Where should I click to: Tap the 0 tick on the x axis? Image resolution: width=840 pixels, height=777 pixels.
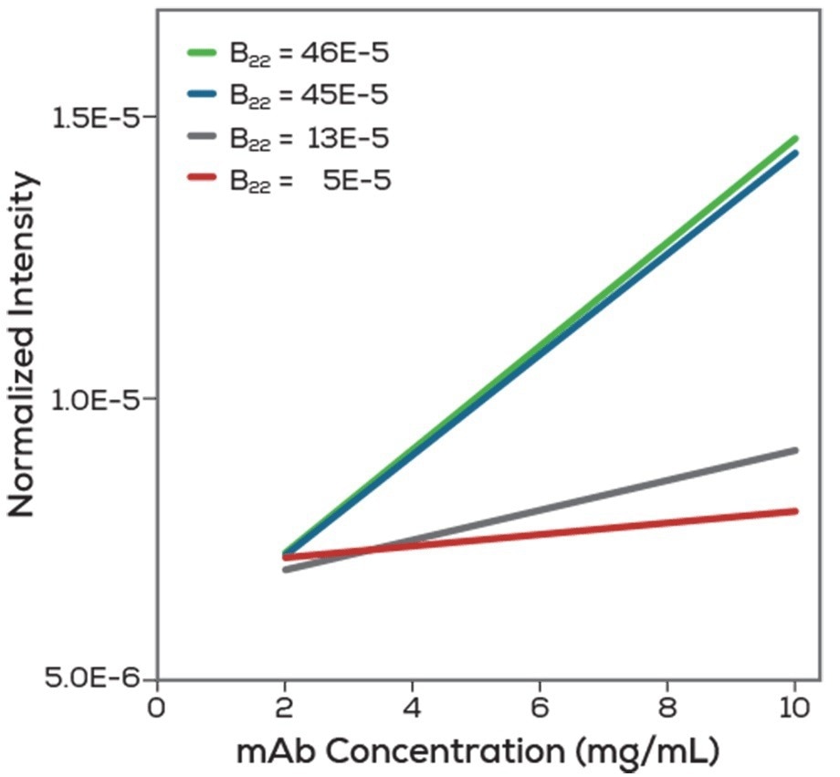tap(157, 708)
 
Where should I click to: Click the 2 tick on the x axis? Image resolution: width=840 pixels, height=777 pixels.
tap(285, 708)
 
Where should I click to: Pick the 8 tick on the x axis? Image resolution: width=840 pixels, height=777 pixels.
tap(667, 708)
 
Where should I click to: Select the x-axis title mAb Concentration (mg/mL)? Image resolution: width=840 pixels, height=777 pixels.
tap(478, 752)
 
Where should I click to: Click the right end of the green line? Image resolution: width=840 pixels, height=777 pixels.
tap(795, 139)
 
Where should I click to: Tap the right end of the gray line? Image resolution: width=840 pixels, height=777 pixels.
tap(795, 450)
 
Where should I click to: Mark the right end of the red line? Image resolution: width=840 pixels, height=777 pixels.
tap(795, 510)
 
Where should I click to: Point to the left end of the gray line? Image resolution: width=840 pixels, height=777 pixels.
tap(286, 569)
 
